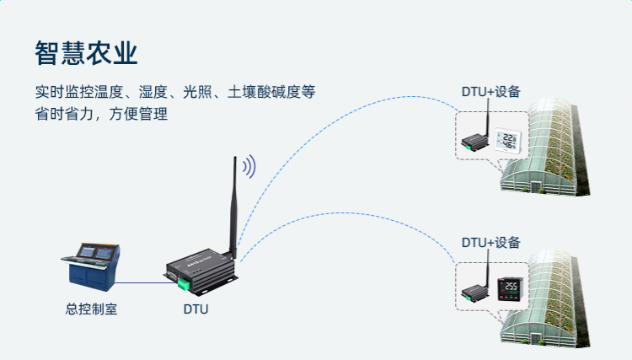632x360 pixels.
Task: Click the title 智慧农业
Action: [87, 52]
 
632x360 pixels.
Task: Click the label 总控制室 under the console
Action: [91, 309]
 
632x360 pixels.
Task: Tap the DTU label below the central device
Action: [195, 309]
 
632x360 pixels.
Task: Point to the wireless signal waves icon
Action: [249, 167]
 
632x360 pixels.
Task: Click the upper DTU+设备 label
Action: [490, 92]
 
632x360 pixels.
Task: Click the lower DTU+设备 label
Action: [490, 243]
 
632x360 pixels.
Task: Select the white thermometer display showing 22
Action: [508, 141]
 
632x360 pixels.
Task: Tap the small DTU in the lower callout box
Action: [474, 292]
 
